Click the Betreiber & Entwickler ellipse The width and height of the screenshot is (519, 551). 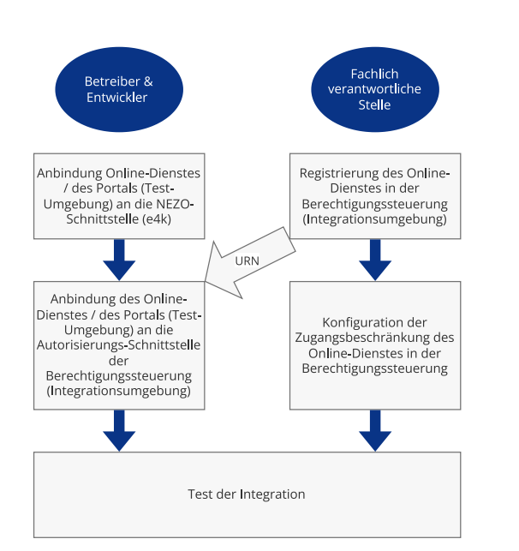[x=119, y=90]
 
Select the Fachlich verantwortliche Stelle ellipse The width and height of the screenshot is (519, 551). [x=375, y=90]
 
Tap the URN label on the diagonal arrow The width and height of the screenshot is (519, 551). [x=248, y=261]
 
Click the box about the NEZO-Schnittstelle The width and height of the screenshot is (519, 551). [x=119, y=196]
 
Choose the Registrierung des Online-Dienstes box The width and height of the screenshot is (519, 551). [x=375, y=196]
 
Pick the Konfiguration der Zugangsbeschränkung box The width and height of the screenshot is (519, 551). [x=375, y=345]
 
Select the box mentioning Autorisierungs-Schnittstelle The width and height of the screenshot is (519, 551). [x=119, y=345]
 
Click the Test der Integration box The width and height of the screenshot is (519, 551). [x=248, y=494]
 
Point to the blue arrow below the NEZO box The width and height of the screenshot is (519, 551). [x=119, y=260]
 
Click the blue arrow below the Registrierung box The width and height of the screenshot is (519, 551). [x=375, y=260]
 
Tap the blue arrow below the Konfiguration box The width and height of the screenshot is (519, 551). [x=375, y=431]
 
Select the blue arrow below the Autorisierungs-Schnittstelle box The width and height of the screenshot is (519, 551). [x=119, y=431]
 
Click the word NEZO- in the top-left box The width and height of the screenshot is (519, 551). [x=175, y=204]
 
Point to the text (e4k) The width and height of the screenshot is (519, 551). [x=157, y=219]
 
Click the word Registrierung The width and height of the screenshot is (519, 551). [x=339, y=173]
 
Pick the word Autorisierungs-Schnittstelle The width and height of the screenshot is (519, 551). [x=119, y=345]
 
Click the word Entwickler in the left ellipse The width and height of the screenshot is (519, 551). [x=117, y=98]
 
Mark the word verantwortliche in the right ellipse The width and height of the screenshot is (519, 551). [x=374, y=89]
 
